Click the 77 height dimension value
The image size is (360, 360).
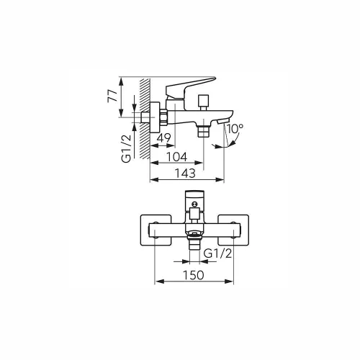(x=112, y=96)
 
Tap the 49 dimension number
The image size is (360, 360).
(x=163, y=138)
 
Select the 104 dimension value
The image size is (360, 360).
(x=177, y=157)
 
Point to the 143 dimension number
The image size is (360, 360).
(x=185, y=173)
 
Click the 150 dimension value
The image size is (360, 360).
(x=194, y=275)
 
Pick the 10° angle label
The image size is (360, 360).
(x=235, y=129)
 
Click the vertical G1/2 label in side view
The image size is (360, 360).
(x=127, y=148)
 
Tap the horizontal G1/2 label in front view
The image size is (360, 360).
(x=217, y=253)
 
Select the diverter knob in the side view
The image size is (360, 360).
(x=204, y=102)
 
